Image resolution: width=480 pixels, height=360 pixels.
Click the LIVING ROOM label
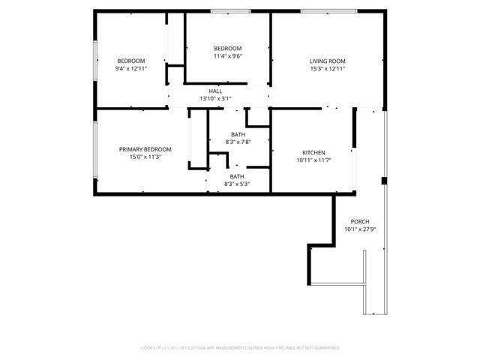[327, 61]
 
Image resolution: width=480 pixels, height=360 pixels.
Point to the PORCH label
[360, 221]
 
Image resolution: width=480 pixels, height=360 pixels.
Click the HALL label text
[215, 91]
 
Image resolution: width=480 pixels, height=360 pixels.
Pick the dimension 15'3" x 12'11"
[327, 68]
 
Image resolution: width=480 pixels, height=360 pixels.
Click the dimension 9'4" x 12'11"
[130, 68]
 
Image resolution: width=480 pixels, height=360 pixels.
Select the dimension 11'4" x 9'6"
[228, 55]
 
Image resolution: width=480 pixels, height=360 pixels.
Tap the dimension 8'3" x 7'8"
[237, 142]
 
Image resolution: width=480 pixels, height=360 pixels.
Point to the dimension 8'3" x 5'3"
[237, 184]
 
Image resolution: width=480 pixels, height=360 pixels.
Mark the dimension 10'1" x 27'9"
[360, 229]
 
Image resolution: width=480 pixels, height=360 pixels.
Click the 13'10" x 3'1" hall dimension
[215, 98]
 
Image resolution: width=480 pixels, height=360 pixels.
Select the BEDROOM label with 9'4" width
[130, 61]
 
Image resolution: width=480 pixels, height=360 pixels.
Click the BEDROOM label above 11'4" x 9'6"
[228, 48]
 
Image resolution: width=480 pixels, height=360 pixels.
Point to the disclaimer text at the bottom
[240, 348]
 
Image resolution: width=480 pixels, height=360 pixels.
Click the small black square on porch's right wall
[383, 181]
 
